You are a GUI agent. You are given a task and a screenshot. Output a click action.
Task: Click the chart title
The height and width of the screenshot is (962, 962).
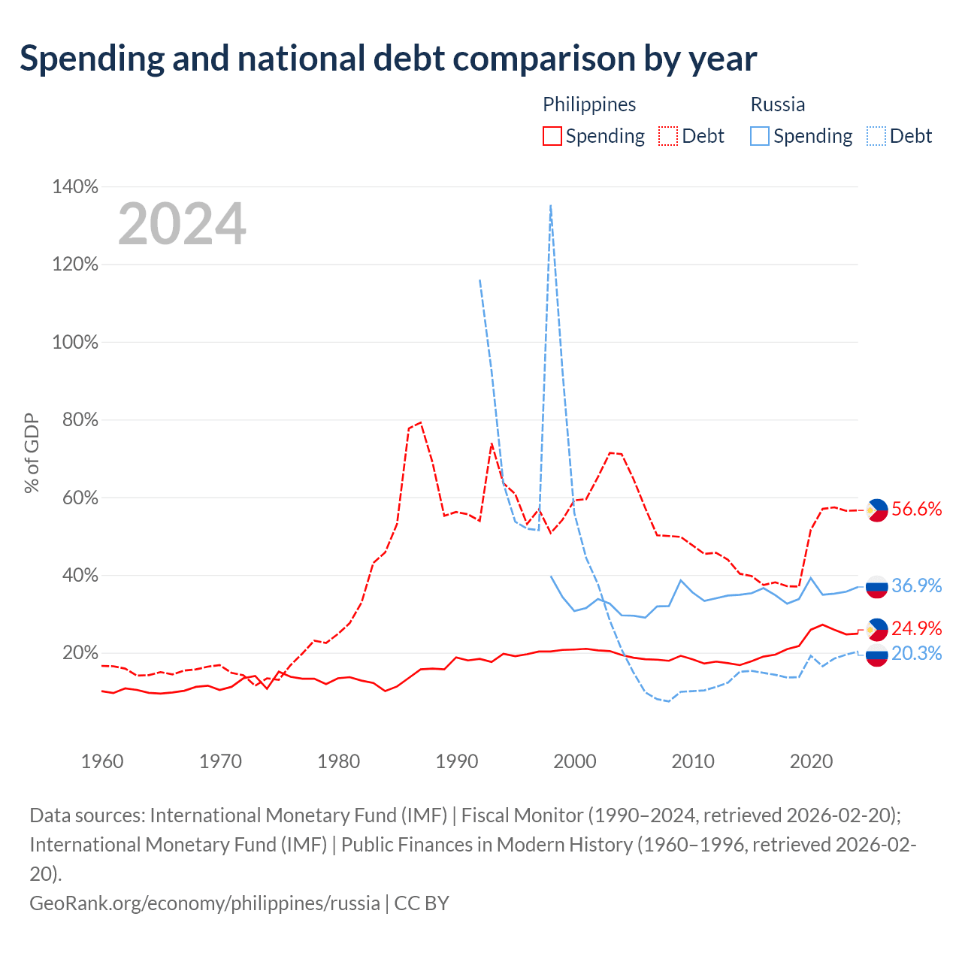coord(388,59)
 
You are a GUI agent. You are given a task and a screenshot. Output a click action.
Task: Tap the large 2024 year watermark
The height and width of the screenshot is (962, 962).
coord(181,223)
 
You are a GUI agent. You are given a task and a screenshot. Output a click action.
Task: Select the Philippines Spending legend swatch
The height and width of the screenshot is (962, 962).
coord(552,136)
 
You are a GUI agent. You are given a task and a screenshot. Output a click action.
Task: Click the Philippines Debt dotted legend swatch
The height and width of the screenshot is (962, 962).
coord(667,136)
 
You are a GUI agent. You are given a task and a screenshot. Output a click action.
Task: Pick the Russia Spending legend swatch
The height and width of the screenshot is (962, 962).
coord(759,136)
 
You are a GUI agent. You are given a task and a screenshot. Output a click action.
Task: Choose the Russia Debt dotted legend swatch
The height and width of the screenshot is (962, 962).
coord(875,136)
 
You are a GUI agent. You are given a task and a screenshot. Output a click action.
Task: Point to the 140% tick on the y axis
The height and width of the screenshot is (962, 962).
coord(75,186)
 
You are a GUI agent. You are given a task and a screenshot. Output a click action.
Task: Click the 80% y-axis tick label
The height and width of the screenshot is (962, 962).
coord(80,420)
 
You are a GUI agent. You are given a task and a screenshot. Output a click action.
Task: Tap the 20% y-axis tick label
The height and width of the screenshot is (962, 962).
coord(80,652)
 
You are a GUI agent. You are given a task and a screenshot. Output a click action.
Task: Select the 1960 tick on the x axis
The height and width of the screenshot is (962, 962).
coord(102,761)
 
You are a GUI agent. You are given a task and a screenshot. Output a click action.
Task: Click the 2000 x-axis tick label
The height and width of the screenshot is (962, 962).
coord(574,761)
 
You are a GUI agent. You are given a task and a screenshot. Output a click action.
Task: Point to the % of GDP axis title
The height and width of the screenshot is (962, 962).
coord(32,452)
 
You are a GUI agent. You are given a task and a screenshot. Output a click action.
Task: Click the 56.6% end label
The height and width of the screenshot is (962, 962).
coord(916,509)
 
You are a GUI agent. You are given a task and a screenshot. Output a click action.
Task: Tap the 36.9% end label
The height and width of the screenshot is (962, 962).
coord(916,585)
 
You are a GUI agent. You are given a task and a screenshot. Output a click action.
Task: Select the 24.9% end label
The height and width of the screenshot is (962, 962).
coord(916,628)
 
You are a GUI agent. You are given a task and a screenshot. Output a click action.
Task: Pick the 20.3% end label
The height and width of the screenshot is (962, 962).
coord(916,653)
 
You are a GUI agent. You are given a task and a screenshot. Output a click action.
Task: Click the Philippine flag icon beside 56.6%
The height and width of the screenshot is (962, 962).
coord(876,510)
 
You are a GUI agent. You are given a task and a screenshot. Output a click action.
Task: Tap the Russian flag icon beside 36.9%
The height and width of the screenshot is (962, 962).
coord(876,586)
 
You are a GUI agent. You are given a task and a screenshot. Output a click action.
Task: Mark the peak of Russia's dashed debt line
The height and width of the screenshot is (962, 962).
coord(550,204)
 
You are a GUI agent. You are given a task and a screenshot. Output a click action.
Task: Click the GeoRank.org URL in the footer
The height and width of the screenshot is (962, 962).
coord(204,903)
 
